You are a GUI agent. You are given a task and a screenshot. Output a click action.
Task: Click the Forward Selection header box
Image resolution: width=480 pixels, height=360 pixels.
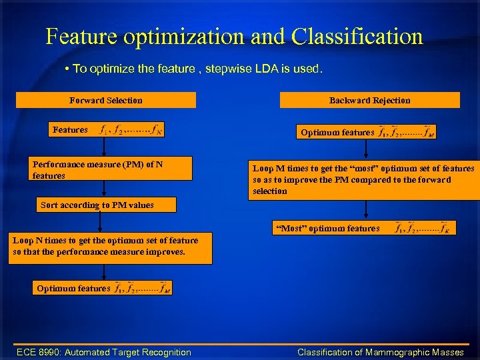tap(105, 100)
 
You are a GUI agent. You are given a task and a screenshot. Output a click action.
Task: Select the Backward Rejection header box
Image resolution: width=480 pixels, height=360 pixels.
tap(369, 100)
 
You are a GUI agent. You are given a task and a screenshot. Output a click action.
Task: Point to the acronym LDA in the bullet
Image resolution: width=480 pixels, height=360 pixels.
tap(261, 68)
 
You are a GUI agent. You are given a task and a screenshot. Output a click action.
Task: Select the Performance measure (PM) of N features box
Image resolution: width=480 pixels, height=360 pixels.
tap(111, 169)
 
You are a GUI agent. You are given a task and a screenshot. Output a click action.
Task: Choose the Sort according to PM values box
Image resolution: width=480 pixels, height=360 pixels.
tap(105, 205)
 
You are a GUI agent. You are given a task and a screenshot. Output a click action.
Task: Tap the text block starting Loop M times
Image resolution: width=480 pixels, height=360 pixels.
tap(363, 180)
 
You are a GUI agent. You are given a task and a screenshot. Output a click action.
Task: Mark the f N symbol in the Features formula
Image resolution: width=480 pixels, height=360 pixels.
tap(156, 130)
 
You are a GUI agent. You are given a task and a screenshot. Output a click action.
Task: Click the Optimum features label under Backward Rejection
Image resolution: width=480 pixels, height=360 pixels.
tap(337, 133)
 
